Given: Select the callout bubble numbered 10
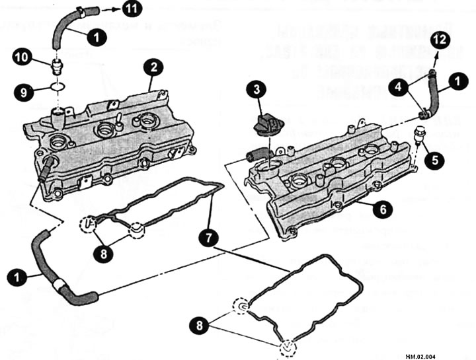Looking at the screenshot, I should tap(22, 57).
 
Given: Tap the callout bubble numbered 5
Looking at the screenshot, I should tap(434, 159).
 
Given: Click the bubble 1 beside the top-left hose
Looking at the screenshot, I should tap(97, 38).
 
